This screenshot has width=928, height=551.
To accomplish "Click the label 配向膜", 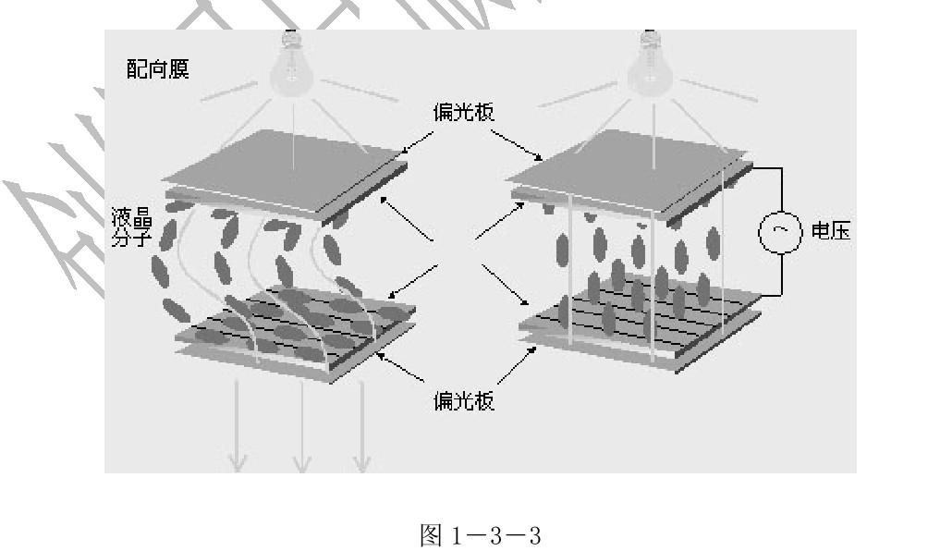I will [x=158, y=70].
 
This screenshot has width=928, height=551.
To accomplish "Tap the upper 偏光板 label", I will [x=463, y=111].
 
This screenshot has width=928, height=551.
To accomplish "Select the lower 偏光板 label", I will [x=463, y=402].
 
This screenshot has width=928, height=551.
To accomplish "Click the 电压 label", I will [x=829, y=231].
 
